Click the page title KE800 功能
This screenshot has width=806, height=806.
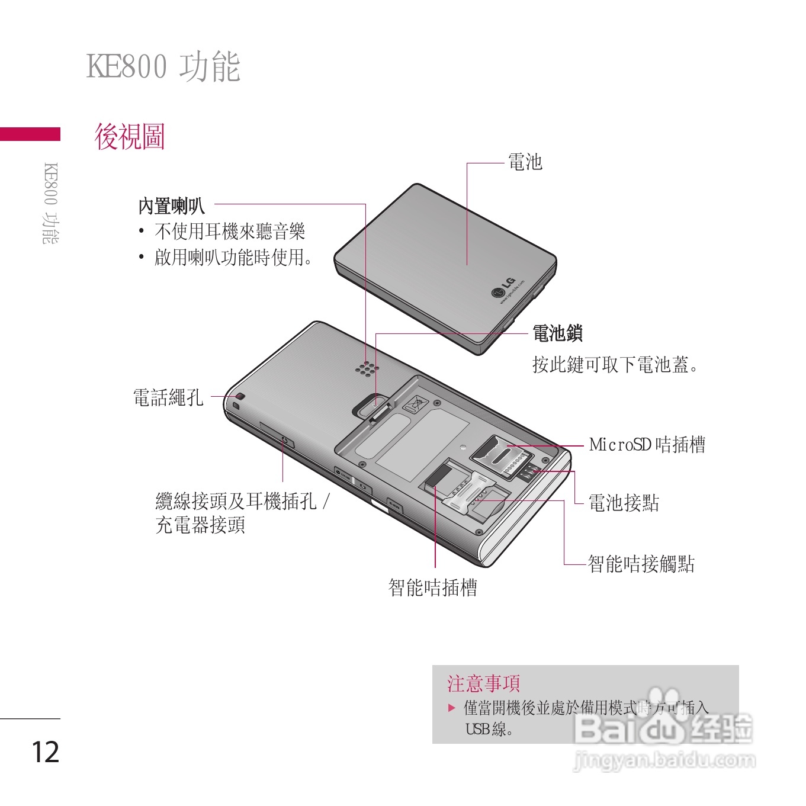point(163,66)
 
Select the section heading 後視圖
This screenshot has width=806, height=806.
point(130,137)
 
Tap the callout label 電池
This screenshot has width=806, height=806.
point(525,162)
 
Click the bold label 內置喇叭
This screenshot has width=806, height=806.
point(172,206)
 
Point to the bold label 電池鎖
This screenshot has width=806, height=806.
point(557,333)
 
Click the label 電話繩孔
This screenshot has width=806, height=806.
point(168,397)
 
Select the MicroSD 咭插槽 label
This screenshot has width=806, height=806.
point(647,444)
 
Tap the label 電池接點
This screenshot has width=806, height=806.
point(624,503)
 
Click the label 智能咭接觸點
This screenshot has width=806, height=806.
point(641,564)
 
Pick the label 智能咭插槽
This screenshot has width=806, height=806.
point(433,587)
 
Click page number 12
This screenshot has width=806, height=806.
point(45,752)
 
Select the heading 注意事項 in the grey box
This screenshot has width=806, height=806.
point(483,683)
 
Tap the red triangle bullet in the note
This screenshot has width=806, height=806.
point(452,708)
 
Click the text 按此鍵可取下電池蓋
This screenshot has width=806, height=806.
point(615,365)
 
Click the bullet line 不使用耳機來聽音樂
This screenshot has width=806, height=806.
point(230,232)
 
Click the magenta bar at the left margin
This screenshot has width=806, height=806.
point(30,134)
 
